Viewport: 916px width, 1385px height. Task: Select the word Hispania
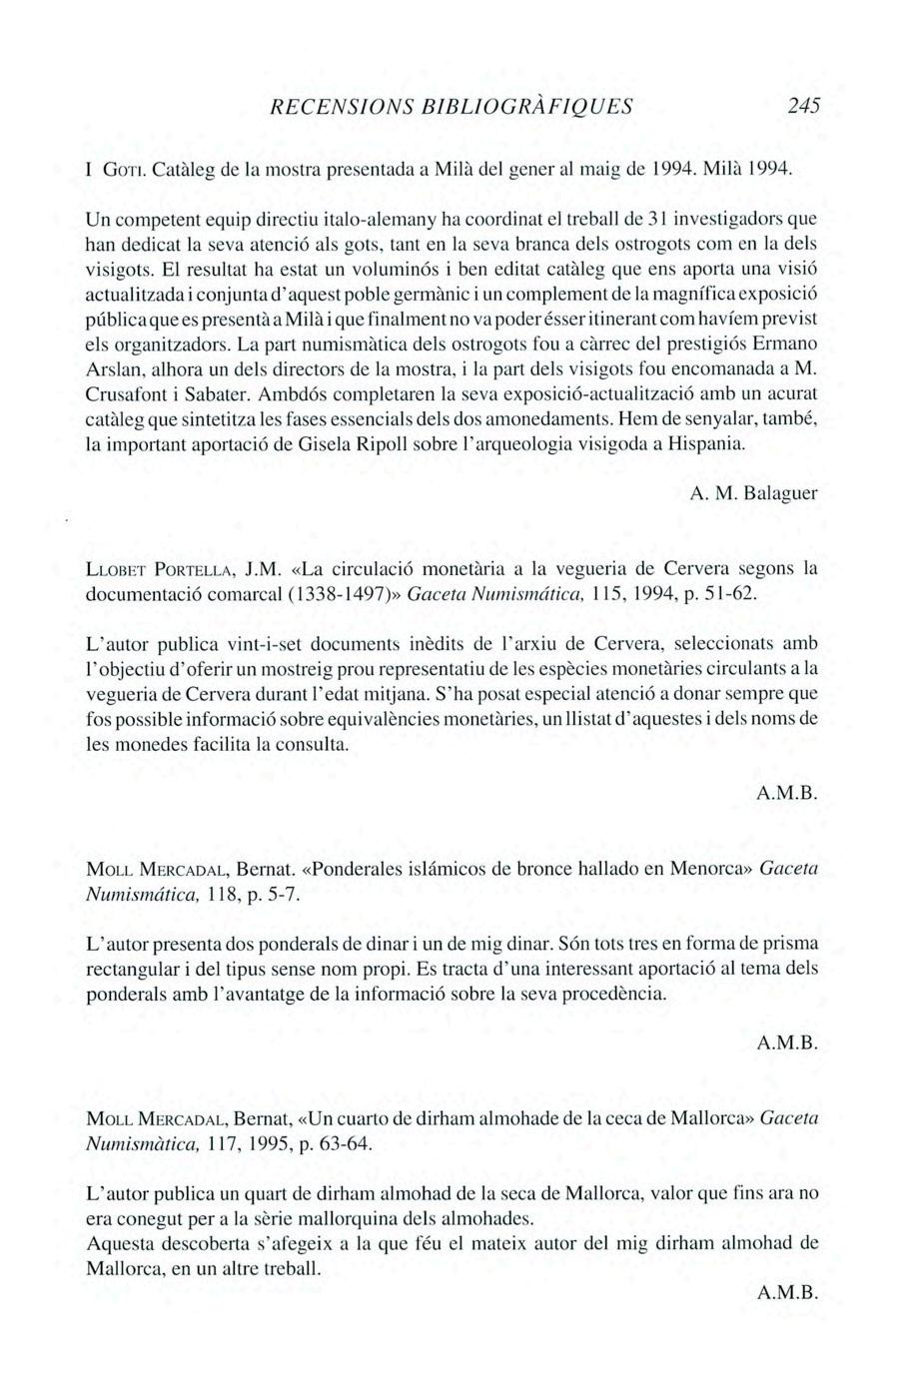coord(707,442)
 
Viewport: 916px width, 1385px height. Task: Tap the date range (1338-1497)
coord(340,595)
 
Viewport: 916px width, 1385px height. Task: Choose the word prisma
coord(789,944)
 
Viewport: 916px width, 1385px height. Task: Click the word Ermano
coord(789,346)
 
